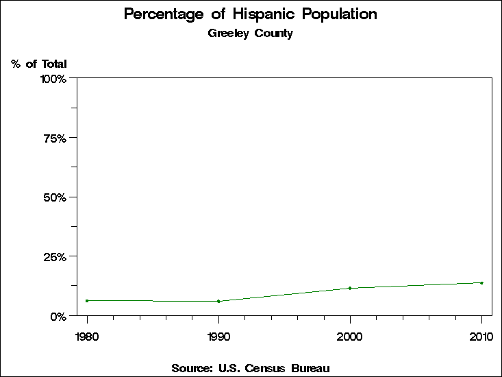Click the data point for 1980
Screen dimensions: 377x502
coord(87,300)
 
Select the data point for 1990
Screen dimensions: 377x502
coord(218,301)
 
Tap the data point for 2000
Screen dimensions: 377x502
coord(350,288)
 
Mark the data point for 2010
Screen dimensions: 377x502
coord(481,282)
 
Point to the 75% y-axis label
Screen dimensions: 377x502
coord(55,138)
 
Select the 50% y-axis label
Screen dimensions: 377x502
coord(55,197)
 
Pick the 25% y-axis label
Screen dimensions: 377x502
coord(55,256)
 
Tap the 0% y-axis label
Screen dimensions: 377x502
coord(58,316)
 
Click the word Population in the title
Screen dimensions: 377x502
coord(344,14)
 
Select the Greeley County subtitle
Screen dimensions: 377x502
coord(251,33)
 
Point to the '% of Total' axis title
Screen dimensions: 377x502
coord(39,64)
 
